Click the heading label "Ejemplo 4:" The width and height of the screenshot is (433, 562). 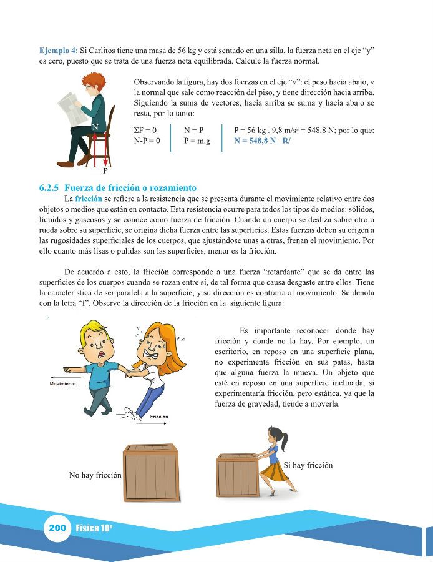coord(58,49)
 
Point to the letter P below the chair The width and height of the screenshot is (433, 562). coord(105,170)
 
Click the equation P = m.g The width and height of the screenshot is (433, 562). coord(197,140)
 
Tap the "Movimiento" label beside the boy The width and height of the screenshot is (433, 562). coord(62,383)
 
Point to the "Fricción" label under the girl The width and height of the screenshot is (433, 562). coord(159,417)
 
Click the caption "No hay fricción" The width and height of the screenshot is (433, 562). coord(95,475)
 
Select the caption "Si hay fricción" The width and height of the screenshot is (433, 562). coord(308,465)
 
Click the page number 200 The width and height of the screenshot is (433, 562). coord(57,528)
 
